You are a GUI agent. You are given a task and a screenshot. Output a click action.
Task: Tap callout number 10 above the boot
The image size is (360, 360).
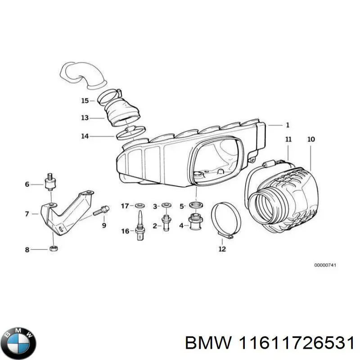311,139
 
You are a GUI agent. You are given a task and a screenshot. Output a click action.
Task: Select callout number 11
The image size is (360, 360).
288,139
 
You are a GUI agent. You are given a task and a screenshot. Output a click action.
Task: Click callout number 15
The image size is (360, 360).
85,101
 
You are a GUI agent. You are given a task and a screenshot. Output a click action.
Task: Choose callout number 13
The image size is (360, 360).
85,118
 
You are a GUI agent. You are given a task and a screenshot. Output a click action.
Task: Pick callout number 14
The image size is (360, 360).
85,135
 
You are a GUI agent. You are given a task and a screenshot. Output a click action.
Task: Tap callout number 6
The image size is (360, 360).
27,184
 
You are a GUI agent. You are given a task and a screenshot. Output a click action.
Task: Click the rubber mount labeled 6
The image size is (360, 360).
50,183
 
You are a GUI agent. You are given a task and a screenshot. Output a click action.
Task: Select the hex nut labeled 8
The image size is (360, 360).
52,248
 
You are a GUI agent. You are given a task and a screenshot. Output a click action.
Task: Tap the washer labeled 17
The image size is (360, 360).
139,206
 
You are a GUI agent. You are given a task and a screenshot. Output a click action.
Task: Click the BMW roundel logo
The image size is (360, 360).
18,337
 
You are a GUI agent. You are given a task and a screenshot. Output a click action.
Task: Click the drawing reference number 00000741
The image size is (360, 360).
325,265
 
